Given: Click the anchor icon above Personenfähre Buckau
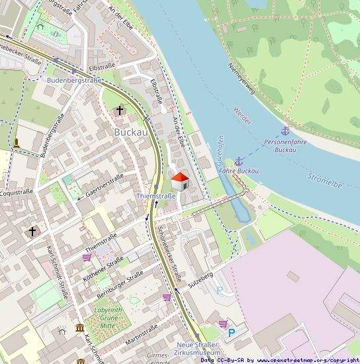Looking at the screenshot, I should coord(285,131).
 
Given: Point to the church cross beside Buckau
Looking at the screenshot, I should coord(120,111).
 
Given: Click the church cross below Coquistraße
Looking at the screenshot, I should coord(32,232).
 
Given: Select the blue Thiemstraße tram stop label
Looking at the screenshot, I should coord(156,196).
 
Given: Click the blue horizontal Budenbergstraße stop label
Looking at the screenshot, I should coord(74,80).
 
